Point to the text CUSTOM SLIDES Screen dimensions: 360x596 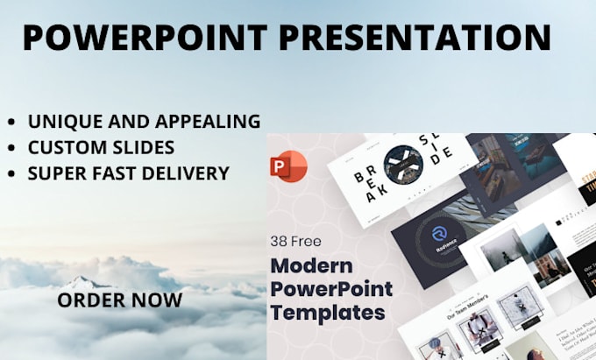click(x=101, y=147)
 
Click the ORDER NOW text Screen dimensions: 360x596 click(x=120, y=300)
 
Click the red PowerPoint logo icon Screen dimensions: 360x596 click(x=290, y=166)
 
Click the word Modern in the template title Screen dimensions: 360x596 click(x=310, y=266)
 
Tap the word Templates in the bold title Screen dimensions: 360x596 click(x=328, y=311)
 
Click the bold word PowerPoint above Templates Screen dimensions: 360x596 click(x=331, y=289)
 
